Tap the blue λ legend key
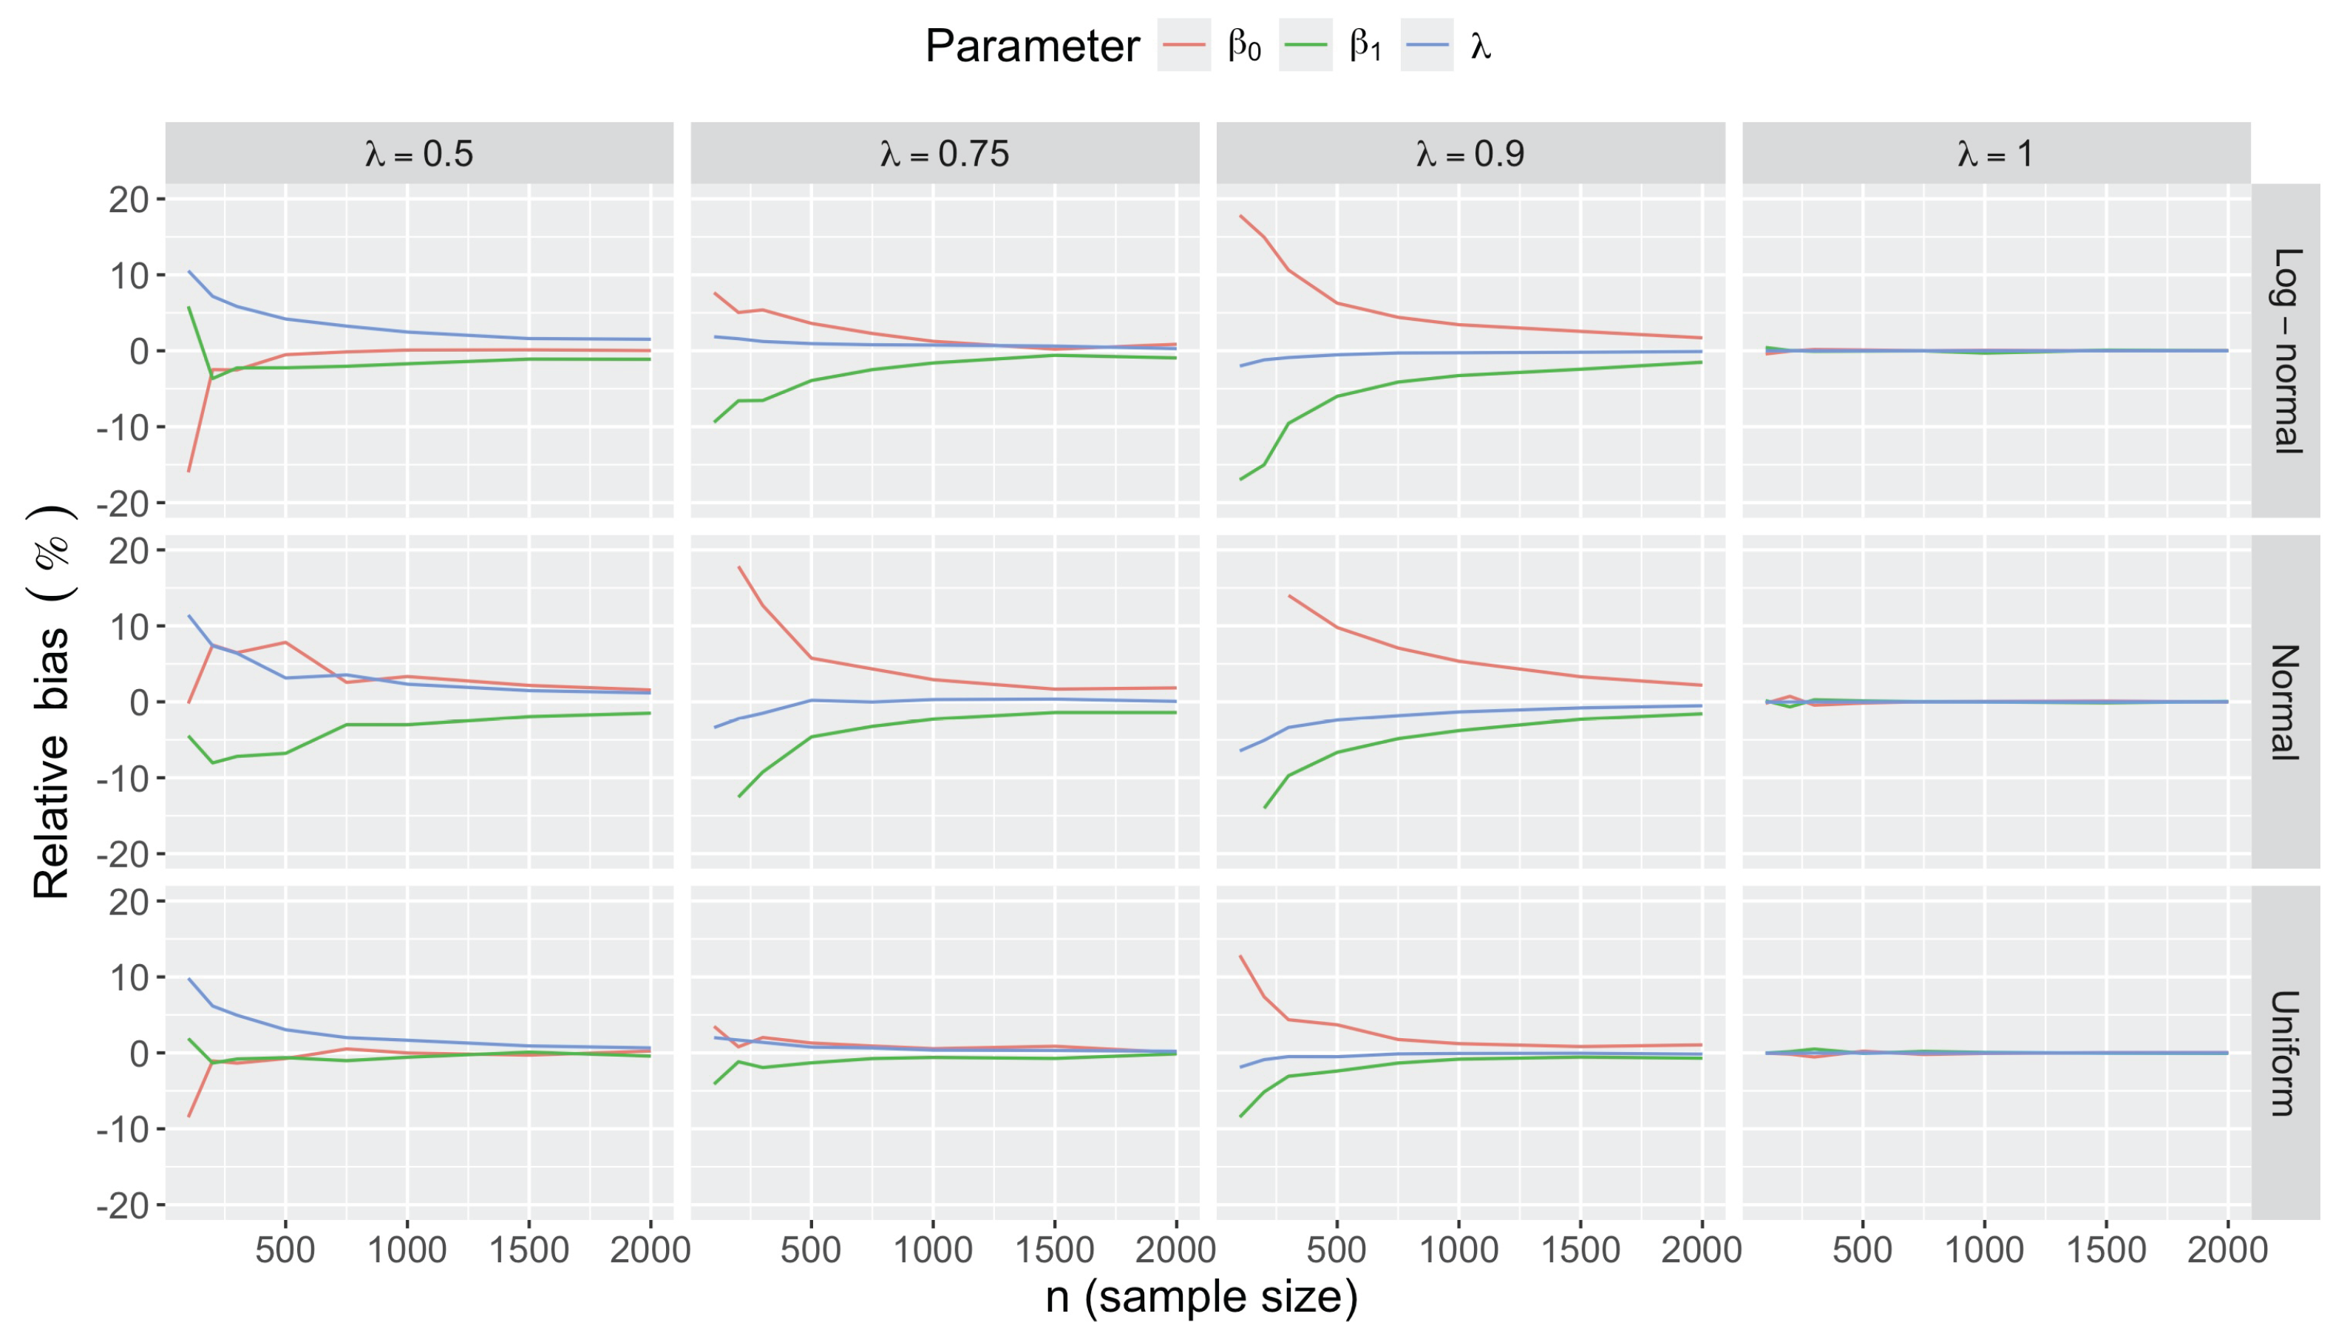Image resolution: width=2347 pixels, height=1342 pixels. point(1427,45)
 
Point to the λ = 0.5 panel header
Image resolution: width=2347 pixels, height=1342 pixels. point(419,153)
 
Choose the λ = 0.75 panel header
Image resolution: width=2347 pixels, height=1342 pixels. point(945,153)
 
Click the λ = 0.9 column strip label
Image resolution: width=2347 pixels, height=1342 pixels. point(1471,153)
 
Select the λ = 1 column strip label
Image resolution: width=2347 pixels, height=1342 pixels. point(1996,153)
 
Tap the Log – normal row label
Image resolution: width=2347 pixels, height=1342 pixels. point(2286,350)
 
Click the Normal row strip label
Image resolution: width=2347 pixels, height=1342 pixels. point(2286,702)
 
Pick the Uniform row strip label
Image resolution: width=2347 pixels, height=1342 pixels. point(2286,1053)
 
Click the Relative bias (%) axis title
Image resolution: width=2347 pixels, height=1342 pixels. point(52,702)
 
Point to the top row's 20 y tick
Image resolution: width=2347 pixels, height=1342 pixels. point(129,199)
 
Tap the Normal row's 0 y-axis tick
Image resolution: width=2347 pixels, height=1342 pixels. point(139,702)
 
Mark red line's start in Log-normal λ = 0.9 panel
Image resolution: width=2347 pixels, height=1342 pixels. point(1240,216)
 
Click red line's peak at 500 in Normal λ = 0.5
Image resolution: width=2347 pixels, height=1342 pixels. point(285,642)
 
